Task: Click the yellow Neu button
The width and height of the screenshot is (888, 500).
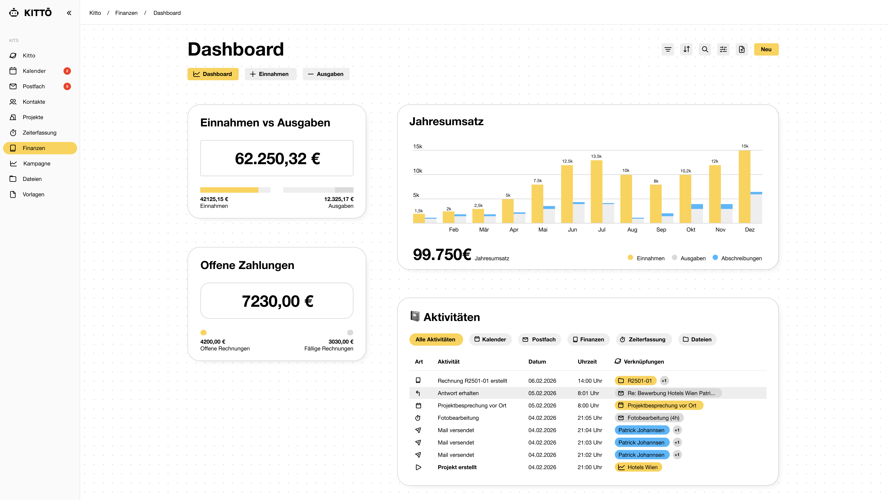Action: click(x=766, y=49)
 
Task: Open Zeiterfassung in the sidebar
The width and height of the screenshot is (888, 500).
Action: click(x=39, y=133)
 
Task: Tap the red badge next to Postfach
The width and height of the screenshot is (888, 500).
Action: click(x=67, y=86)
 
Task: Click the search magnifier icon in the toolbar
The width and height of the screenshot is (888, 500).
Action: click(x=705, y=49)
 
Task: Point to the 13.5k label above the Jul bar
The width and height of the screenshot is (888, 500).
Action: click(x=596, y=156)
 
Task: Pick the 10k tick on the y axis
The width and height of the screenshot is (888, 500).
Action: click(x=417, y=171)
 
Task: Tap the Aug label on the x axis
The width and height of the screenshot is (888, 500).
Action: click(x=632, y=229)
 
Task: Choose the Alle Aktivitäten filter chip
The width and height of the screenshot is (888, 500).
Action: click(x=435, y=339)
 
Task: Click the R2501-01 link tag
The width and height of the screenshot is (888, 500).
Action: click(x=635, y=381)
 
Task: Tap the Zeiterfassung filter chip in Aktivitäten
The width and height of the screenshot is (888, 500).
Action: click(x=643, y=339)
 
